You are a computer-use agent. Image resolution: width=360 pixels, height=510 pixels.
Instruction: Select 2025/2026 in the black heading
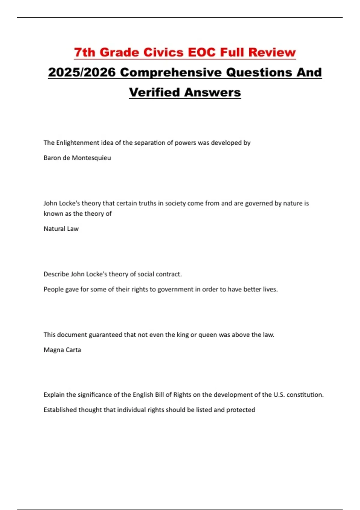click(x=82, y=72)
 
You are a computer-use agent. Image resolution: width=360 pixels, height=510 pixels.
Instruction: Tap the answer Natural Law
click(x=61, y=229)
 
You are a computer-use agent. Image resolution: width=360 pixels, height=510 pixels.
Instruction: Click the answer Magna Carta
click(x=62, y=350)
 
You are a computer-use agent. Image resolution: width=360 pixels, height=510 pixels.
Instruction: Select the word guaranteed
click(x=105, y=335)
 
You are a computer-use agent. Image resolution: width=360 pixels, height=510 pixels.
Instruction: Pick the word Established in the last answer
click(x=60, y=410)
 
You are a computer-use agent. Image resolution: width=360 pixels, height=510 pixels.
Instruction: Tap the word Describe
click(x=56, y=274)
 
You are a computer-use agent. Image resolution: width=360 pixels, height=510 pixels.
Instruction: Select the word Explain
click(x=54, y=395)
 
